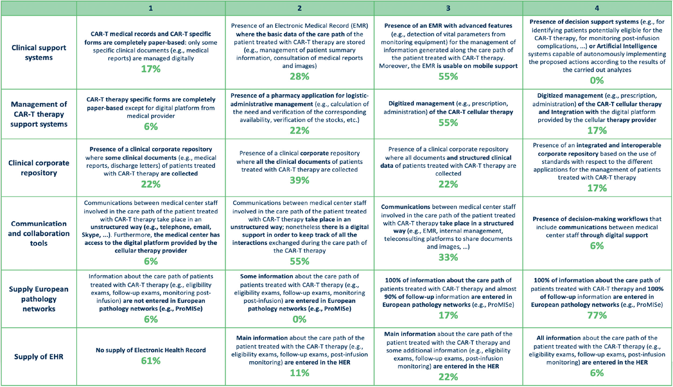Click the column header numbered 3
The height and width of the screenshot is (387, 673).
(x=448, y=8)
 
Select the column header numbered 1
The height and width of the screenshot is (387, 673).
(x=150, y=8)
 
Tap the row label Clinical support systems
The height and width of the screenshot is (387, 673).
(x=39, y=53)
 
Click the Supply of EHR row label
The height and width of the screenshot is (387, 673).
(x=39, y=357)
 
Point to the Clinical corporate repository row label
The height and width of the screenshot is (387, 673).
(x=39, y=168)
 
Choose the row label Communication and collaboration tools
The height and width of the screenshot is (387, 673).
(x=39, y=233)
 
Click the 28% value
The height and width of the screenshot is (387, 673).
(x=299, y=76)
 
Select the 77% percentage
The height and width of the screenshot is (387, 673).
(x=597, y=315)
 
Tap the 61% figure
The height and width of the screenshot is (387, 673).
(x=150, y=361)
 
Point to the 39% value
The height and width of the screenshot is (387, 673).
(x=299, y=180)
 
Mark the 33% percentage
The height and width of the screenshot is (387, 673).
(x=448, y=257)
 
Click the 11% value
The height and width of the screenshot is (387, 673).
(x=299, y=373)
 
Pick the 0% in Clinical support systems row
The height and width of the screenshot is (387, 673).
(x=597, y=80)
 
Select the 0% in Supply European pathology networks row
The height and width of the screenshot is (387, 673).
(x=299, y=319)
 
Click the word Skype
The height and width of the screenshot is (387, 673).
(x=90, y=235)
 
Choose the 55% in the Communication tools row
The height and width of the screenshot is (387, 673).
(x=299, y=261)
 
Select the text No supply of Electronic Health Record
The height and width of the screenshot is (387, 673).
(x=150, y=350)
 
